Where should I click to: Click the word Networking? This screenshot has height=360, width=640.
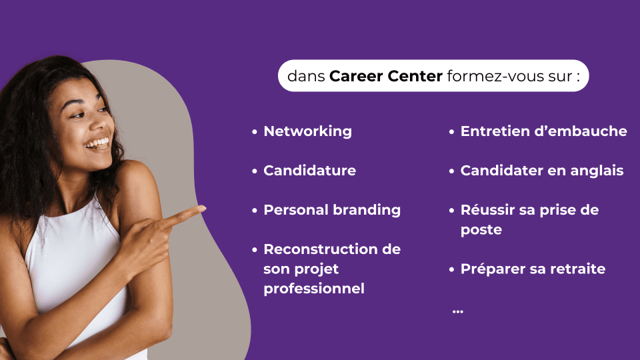click(307, 131)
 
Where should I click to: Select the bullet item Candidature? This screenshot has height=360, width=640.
click(309, 170)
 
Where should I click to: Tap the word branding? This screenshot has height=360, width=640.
click(367, 210)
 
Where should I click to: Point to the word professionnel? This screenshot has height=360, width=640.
click(314, 289)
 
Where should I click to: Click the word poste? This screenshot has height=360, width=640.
click(481, 230)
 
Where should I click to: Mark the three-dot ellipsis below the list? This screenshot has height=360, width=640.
click(458, 312)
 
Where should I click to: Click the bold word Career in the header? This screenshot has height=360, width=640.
click(356, 76)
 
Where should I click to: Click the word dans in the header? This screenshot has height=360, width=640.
click(306, 76)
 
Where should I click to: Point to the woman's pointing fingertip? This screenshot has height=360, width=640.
click(203, 209)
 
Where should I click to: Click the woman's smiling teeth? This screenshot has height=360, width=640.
click(97, 143)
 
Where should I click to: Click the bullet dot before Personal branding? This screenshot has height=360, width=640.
click(255, 211)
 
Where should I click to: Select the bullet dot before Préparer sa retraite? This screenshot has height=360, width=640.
click(451, 269)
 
